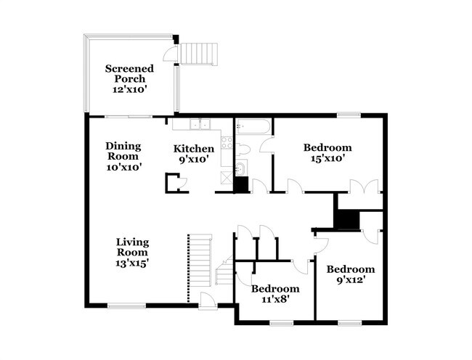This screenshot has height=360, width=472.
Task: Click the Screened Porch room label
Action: tap(129, 73)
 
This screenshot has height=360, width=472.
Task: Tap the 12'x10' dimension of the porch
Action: tap(129, 89)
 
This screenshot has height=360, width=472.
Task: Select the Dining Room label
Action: tap(123, 151)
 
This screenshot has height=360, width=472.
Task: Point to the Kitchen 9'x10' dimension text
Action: tap(194, 159)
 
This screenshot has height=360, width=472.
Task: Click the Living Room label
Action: tap(132, 247)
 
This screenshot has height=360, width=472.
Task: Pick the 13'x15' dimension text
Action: tap(132, 263)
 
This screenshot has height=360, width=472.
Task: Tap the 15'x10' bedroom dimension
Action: tap(327, 158)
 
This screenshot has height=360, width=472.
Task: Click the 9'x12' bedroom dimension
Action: tap(351, 279)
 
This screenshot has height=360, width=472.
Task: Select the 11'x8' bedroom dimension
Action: tap(275, 299)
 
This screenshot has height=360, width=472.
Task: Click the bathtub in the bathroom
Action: tap(252, 127)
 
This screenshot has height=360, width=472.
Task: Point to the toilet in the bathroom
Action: tap(243, 150)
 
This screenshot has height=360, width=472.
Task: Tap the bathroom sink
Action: tap(241, 168)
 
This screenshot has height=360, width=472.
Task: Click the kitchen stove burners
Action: tap(227, 142)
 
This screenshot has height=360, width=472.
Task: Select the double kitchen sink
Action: tap(200, 124)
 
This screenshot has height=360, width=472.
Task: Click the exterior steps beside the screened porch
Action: tap(199, 54)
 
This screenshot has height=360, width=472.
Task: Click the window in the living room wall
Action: tap(127, 306)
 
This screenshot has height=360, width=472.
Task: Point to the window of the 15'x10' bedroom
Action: tap(349, 115)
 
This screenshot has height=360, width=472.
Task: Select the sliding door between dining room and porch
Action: tap(129, 116)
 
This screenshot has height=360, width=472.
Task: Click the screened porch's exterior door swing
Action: tap(170, 54)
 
